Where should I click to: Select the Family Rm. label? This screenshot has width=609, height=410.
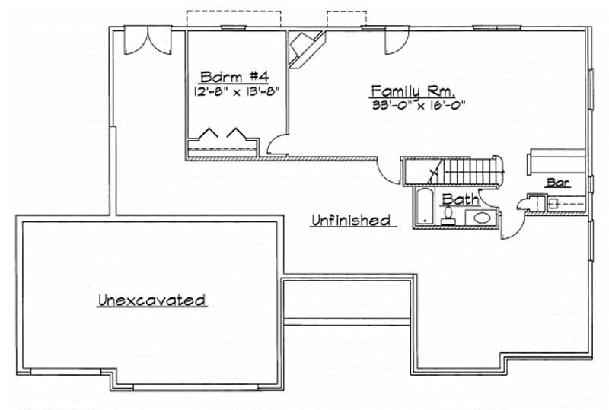pos(413,92)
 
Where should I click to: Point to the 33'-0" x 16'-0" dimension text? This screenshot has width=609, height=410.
pos(418,106)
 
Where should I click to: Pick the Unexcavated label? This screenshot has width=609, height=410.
pos(152,300)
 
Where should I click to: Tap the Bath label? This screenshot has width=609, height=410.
pos(461,199)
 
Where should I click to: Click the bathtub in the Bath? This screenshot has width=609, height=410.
pos(424,208)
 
